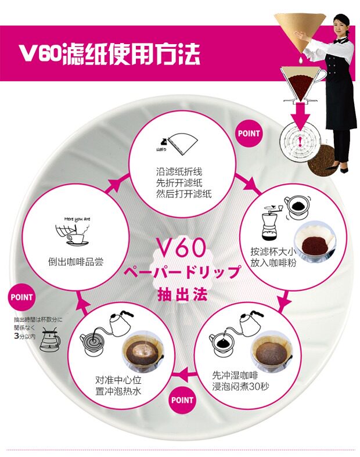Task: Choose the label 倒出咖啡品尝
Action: pos(76,261)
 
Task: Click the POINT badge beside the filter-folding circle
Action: pos(249,133)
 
